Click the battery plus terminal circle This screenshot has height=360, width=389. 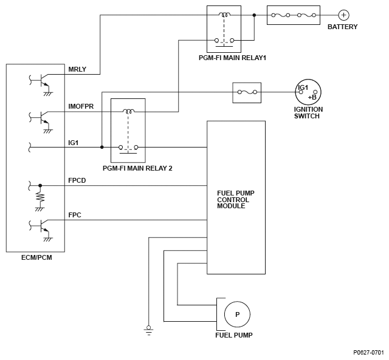[x=343, y=15]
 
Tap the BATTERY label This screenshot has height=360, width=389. [x=343, y=27]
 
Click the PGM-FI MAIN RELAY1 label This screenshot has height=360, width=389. [x=232, y=58]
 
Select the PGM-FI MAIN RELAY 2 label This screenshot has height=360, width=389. [x=137, y=168]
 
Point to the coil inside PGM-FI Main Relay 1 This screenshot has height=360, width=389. [x=224, y=15]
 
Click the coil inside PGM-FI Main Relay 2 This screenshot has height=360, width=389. [x=129, y=111]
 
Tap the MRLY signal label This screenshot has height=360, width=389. [x=77, y=69]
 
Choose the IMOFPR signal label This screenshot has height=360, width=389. [x=81, y=106]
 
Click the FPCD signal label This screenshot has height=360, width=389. [x=77, y=180]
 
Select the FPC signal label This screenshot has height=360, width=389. [x=75, y=215]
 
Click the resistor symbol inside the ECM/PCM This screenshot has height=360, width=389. [x=40, y=197]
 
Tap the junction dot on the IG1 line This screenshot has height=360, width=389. [x=102, y=147]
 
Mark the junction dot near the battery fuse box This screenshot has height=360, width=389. [x=254, y=15]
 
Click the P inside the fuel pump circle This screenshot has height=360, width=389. [x=238, y=314]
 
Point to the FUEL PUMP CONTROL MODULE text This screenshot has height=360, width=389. [x=236, y=200]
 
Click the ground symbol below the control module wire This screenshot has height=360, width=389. [x=148, y=330]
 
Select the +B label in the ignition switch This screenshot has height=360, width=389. [x=312, y=97]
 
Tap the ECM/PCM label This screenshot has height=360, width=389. [x=36, y=257]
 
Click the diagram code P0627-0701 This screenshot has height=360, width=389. [x=369, y=352]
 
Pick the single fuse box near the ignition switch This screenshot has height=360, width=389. [x=247, y=93]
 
